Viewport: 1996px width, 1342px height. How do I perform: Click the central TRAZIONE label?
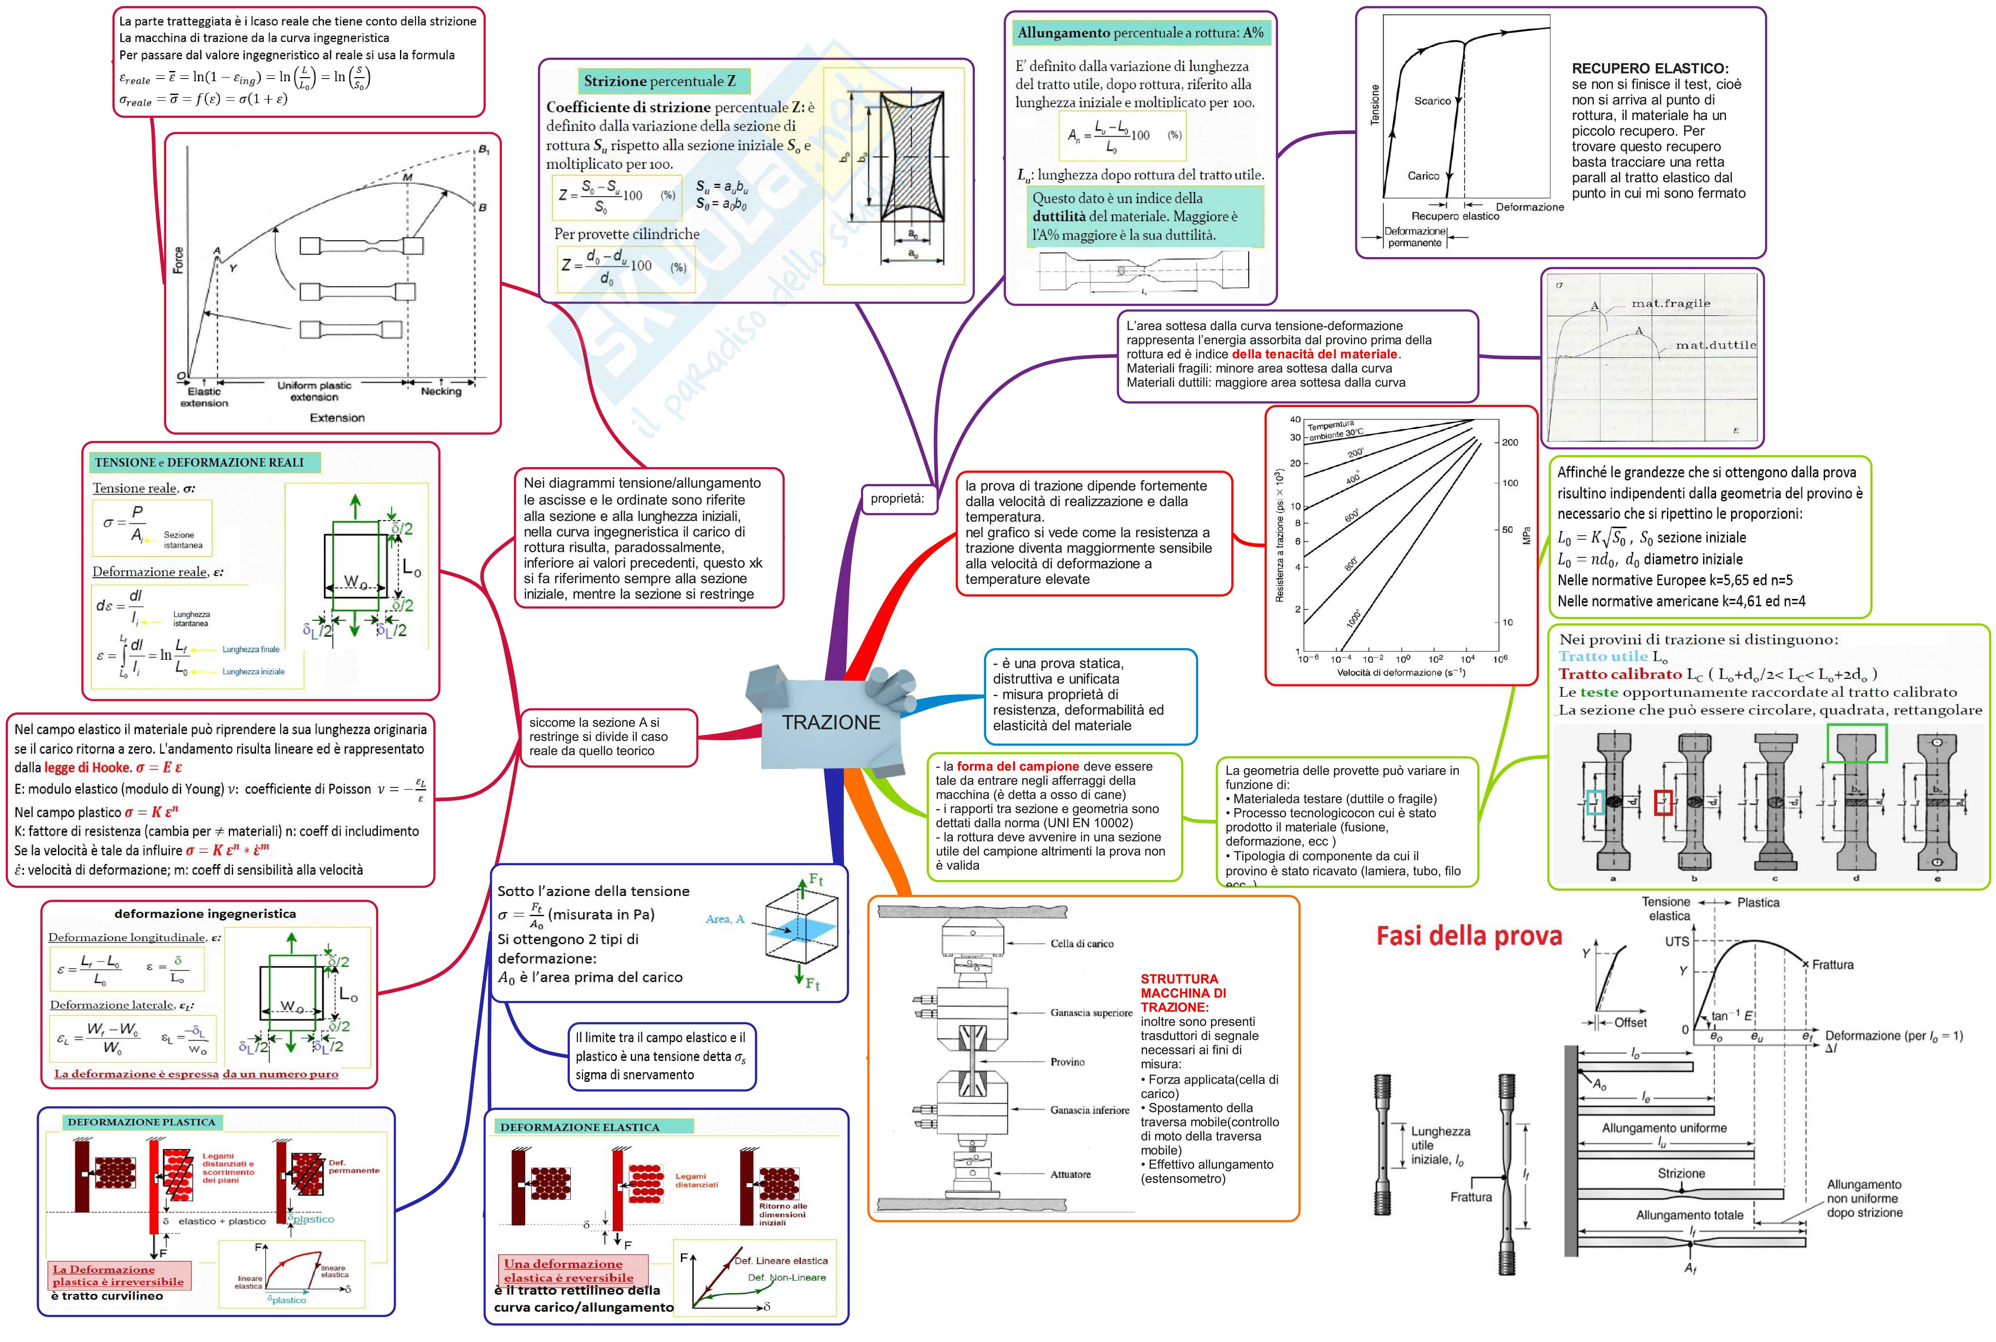pyautogui.click(x=830, y=722)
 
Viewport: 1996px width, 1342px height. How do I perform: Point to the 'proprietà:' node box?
pyautogui.click(x=897, y=498)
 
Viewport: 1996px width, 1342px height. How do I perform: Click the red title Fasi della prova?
pyautogui.click(x=1468, y=935)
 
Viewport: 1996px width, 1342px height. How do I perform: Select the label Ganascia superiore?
pyautogui.click(x=1091, y=1013)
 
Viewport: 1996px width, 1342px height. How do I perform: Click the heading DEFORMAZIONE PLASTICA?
pyautogui.click(x=141, y=1122)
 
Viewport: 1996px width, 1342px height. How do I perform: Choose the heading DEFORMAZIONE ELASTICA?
pyautogui.click(x=579, y=1127)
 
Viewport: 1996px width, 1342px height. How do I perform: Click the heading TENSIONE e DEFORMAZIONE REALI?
pyautogui.click(x=199, y=462)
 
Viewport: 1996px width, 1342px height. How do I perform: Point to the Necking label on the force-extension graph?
pyautogui.click(x=441, y=391)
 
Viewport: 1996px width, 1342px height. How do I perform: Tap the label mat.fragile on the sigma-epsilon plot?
pyautogui.click(x=1670, y=303)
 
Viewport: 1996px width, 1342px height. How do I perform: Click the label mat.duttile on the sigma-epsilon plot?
pyautogui.click(x=1715, y=345)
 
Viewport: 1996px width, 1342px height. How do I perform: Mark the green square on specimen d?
pyautogui.click(x=1857, y=743)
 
